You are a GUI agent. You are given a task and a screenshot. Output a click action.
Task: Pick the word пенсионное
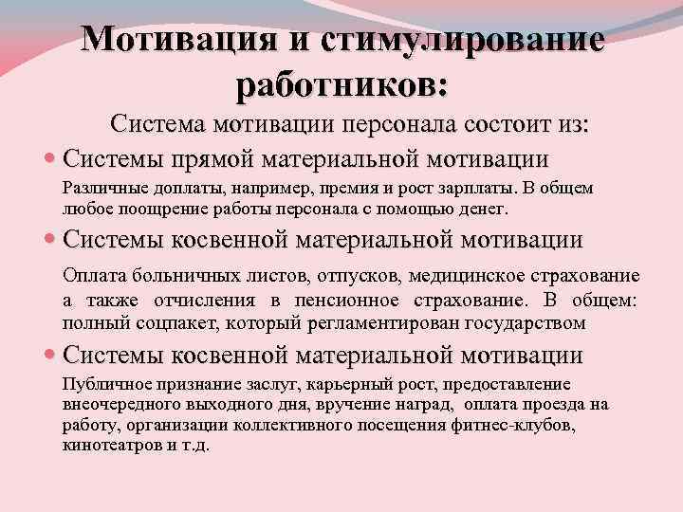[358, 300]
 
